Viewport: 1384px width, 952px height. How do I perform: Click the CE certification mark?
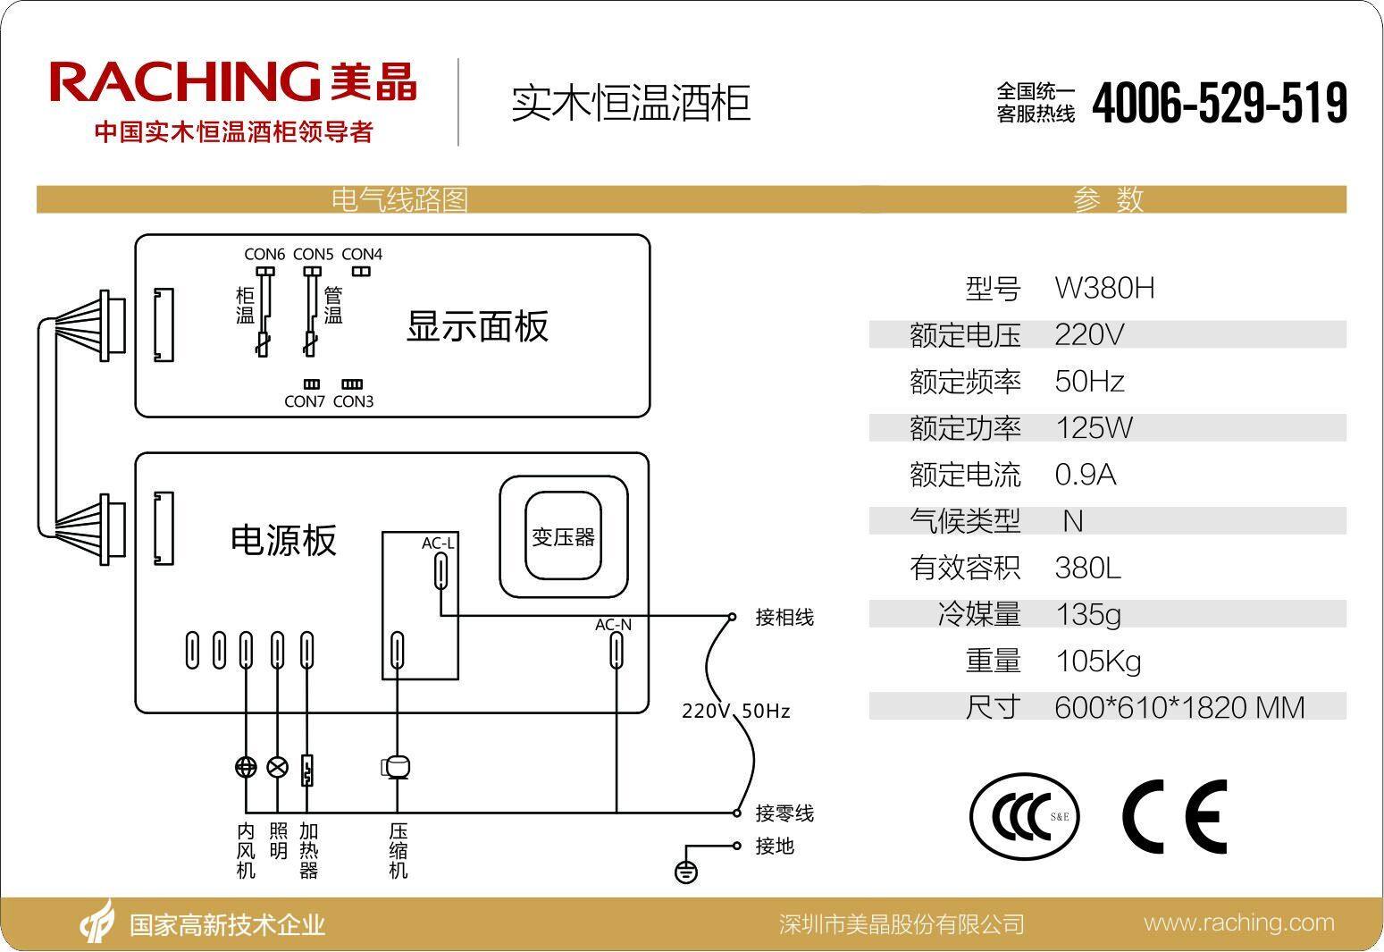[x=1174, y=816]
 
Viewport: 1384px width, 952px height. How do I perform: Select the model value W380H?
[x=1104, y=289]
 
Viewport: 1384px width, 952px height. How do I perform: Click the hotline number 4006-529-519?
[x=1219, y=103]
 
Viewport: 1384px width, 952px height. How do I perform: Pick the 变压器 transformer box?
[x=563, y=537]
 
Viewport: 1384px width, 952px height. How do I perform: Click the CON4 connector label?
[x=362, y=255]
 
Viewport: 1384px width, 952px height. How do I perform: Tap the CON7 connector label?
[x=305, y=401]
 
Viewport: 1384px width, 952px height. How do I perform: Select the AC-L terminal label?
[x=438, y=543]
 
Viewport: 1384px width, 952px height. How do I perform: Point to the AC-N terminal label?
[x=613, y=625]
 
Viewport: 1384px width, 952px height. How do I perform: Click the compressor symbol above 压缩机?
[x=397, y=767]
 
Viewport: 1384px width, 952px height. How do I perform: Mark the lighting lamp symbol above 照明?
[x=278, y=767]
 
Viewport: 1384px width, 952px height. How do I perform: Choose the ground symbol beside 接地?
[x=685, y=872]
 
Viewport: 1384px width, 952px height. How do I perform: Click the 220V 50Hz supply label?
[x=735, y=712]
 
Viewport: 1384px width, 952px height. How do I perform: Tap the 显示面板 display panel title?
[x=477, y=326]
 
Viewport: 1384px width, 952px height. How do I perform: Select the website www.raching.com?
[x=1238, y=923]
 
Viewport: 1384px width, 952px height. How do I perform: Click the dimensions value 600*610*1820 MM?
[x=1179, y=708]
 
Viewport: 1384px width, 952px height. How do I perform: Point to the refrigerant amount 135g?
[x=1087, y=615]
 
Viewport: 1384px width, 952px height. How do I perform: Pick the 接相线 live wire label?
[x=784, y=618]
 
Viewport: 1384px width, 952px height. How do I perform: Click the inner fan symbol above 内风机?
[x=246, y=767]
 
